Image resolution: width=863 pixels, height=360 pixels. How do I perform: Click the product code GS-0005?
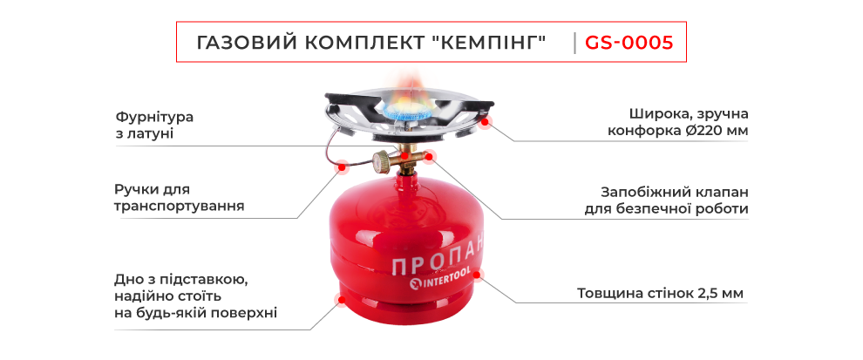point(629,43)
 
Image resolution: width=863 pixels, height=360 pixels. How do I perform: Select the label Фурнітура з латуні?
point(154,125)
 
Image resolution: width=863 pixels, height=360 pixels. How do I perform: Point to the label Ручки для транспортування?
point(178,198)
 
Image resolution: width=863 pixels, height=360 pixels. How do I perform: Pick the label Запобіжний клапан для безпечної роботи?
point(666,200)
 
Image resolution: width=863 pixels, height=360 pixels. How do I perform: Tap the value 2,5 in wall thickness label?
point(708,293)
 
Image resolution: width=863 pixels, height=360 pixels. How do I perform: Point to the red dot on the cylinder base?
point(340,301)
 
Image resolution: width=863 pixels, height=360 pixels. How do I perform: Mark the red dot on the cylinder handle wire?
point(343,165)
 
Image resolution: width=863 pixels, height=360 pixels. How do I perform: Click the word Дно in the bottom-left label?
point(128,280)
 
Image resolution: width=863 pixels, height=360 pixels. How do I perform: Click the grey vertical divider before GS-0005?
point(574,43)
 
